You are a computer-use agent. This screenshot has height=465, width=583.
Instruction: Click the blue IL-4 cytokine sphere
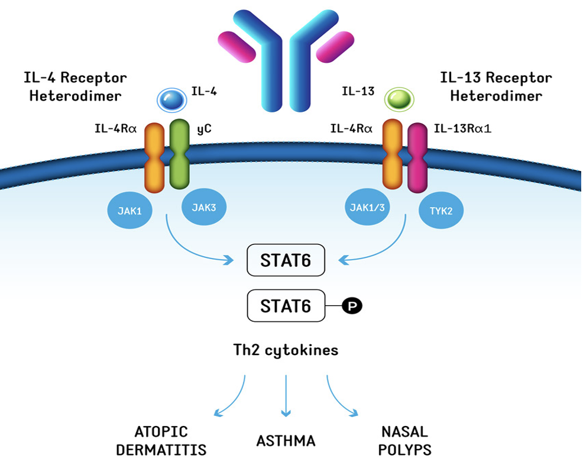(172, 100)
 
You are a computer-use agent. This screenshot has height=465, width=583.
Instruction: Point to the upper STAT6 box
(286, 260)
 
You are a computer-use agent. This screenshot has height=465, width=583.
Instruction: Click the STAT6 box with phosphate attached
(286, 305)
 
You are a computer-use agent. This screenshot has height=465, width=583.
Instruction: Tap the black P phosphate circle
(353, 305)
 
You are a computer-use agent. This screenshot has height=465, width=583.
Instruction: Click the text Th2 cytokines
(286, 350)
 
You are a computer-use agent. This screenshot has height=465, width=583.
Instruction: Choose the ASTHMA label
(286, 441)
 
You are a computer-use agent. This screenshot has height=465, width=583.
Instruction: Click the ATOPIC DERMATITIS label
(161, 441)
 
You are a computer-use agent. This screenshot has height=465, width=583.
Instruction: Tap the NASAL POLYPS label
(405, 441)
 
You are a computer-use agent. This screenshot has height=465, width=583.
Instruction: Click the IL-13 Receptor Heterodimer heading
(495, 86)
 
